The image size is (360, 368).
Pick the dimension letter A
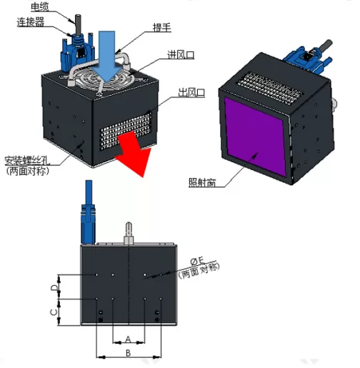point(128,338)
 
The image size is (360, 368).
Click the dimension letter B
point(128,352)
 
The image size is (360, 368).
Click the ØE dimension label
point(202,261)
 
